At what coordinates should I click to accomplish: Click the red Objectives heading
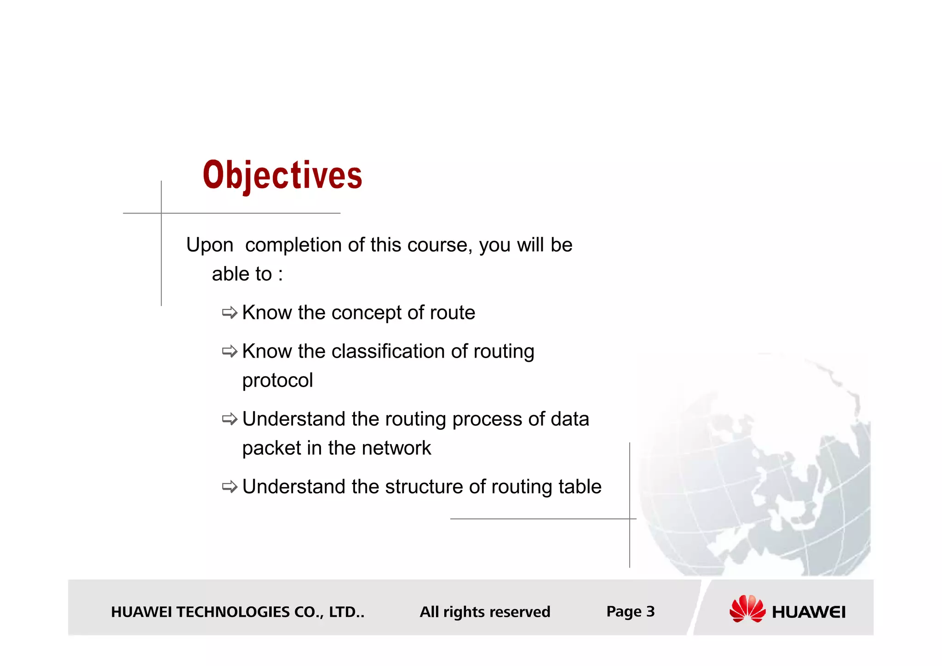click(x=282, y=175)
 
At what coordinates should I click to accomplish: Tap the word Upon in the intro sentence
click(x=210, y=245)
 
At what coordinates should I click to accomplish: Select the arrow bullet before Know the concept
click(x=230, y=313)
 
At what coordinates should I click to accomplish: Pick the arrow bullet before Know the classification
click(x=230, y=352)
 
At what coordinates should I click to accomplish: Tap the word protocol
click(x=277, y=381)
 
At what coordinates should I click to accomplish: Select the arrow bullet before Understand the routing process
click(x=230, y=419)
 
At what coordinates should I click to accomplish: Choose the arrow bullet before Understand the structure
click(x=230, y=487)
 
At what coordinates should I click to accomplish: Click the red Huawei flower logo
click(x=747, y=608)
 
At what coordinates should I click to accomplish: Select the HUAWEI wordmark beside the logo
click(x=809, y=612)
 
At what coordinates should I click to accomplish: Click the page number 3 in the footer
click(x=650, y=611)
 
